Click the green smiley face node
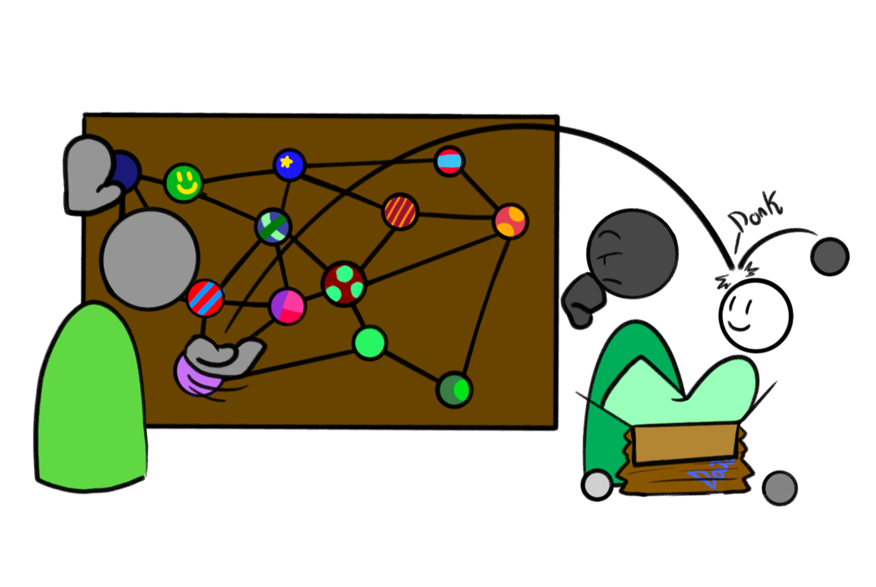coord(183,182)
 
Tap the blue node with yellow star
coord(289,164)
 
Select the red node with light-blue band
coord(450,162)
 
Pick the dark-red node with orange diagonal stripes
coord(400,212)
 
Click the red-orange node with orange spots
coord(510,221)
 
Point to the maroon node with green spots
coord(344,284)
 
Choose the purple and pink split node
coord(287,306)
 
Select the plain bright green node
coord(369,342)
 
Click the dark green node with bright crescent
coord(454,389)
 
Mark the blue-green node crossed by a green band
coord(273,226)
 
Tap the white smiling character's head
coord(756,315)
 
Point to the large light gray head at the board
coord(150,259)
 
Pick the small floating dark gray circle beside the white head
coord(830,256)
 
